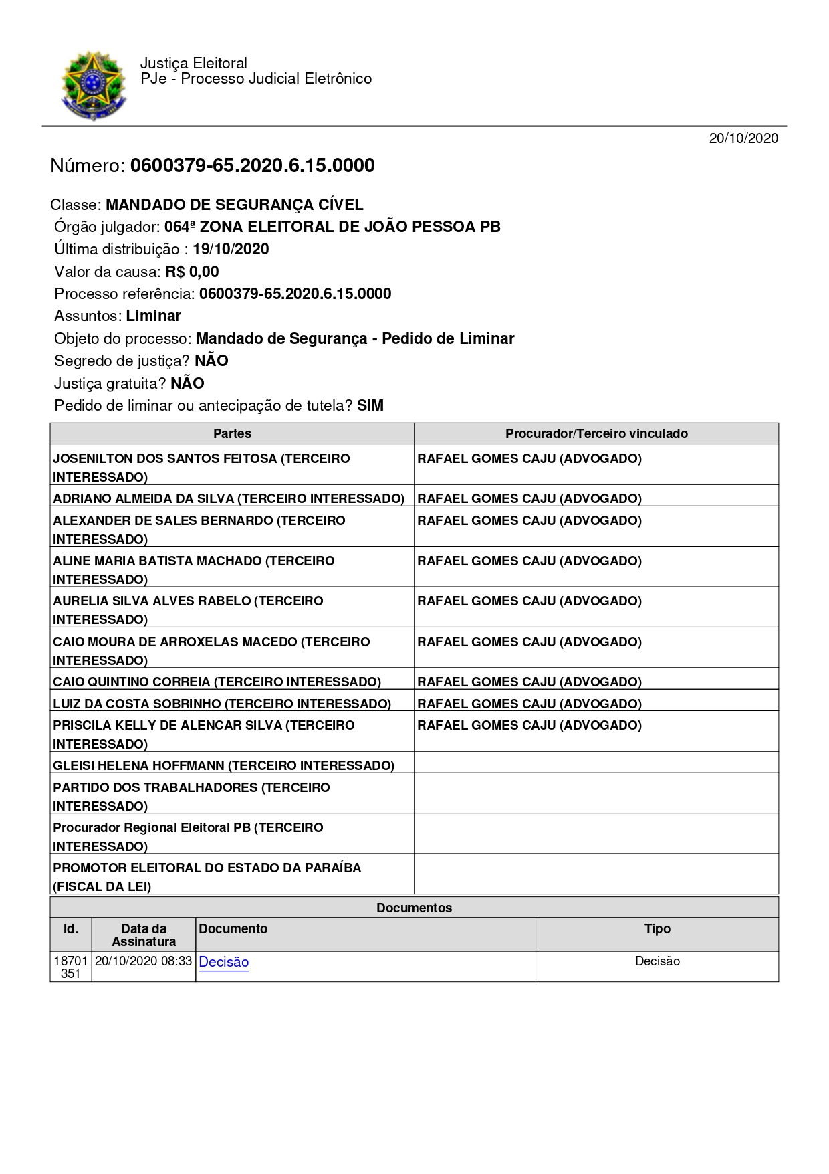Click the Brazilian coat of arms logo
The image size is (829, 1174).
(x=93, y=85)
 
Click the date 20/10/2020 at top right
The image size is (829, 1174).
(x=743, y=138)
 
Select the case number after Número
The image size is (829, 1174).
(x=252, y=165)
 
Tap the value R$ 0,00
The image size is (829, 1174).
(x=192, y=272)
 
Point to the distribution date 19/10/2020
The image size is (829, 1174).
(x=231, y=250)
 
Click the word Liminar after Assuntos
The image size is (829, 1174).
(x=153, y=316)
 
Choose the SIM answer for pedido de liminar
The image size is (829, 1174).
(x=370, y=405)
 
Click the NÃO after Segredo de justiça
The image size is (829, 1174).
(x=211, y=361)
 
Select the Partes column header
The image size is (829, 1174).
(x=232, y=433)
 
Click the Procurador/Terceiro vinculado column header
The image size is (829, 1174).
(x=596, y=433)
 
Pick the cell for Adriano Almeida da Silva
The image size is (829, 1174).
(x=229, y=498)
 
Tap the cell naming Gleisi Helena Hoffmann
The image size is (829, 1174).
(x=223, y=765)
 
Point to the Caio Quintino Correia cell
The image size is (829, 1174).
(x=217, y=682)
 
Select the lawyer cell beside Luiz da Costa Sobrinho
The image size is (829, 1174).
(x=529, y=704)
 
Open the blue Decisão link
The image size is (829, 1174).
(x=224, y=962)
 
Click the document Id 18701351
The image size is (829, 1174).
(x=70, y=967)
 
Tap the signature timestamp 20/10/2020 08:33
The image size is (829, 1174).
(x=143, y=961)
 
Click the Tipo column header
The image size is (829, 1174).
(x=657, y=928)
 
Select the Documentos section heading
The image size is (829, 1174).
(x=414, y=908)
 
